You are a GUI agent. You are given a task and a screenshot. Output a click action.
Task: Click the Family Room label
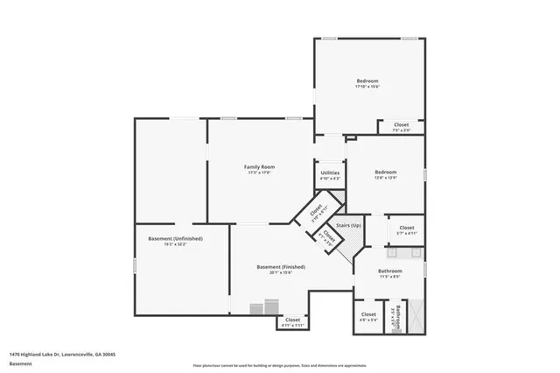tap(259, 166)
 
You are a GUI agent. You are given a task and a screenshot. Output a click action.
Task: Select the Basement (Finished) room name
tap(280, 266)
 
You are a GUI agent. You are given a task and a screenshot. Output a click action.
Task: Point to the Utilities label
tap(330, 172)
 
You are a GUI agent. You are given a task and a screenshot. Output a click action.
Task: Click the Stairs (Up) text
tap(348, 226)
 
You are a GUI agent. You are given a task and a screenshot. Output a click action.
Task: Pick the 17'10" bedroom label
tap(367, 81)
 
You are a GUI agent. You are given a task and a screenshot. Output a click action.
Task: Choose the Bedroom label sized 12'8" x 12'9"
tap(386, 172)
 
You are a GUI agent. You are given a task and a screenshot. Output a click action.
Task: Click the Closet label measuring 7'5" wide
tap(401, 124)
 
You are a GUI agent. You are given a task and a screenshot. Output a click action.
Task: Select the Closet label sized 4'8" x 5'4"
tap(368, 313)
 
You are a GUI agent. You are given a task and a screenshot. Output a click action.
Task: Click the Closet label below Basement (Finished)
tap(293, 320)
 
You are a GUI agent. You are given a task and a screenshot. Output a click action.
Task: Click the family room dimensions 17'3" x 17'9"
tap(259, 172)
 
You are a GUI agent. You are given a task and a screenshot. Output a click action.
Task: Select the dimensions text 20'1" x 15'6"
tap(280, 272)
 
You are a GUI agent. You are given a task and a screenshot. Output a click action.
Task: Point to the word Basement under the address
tap(19, 363)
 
